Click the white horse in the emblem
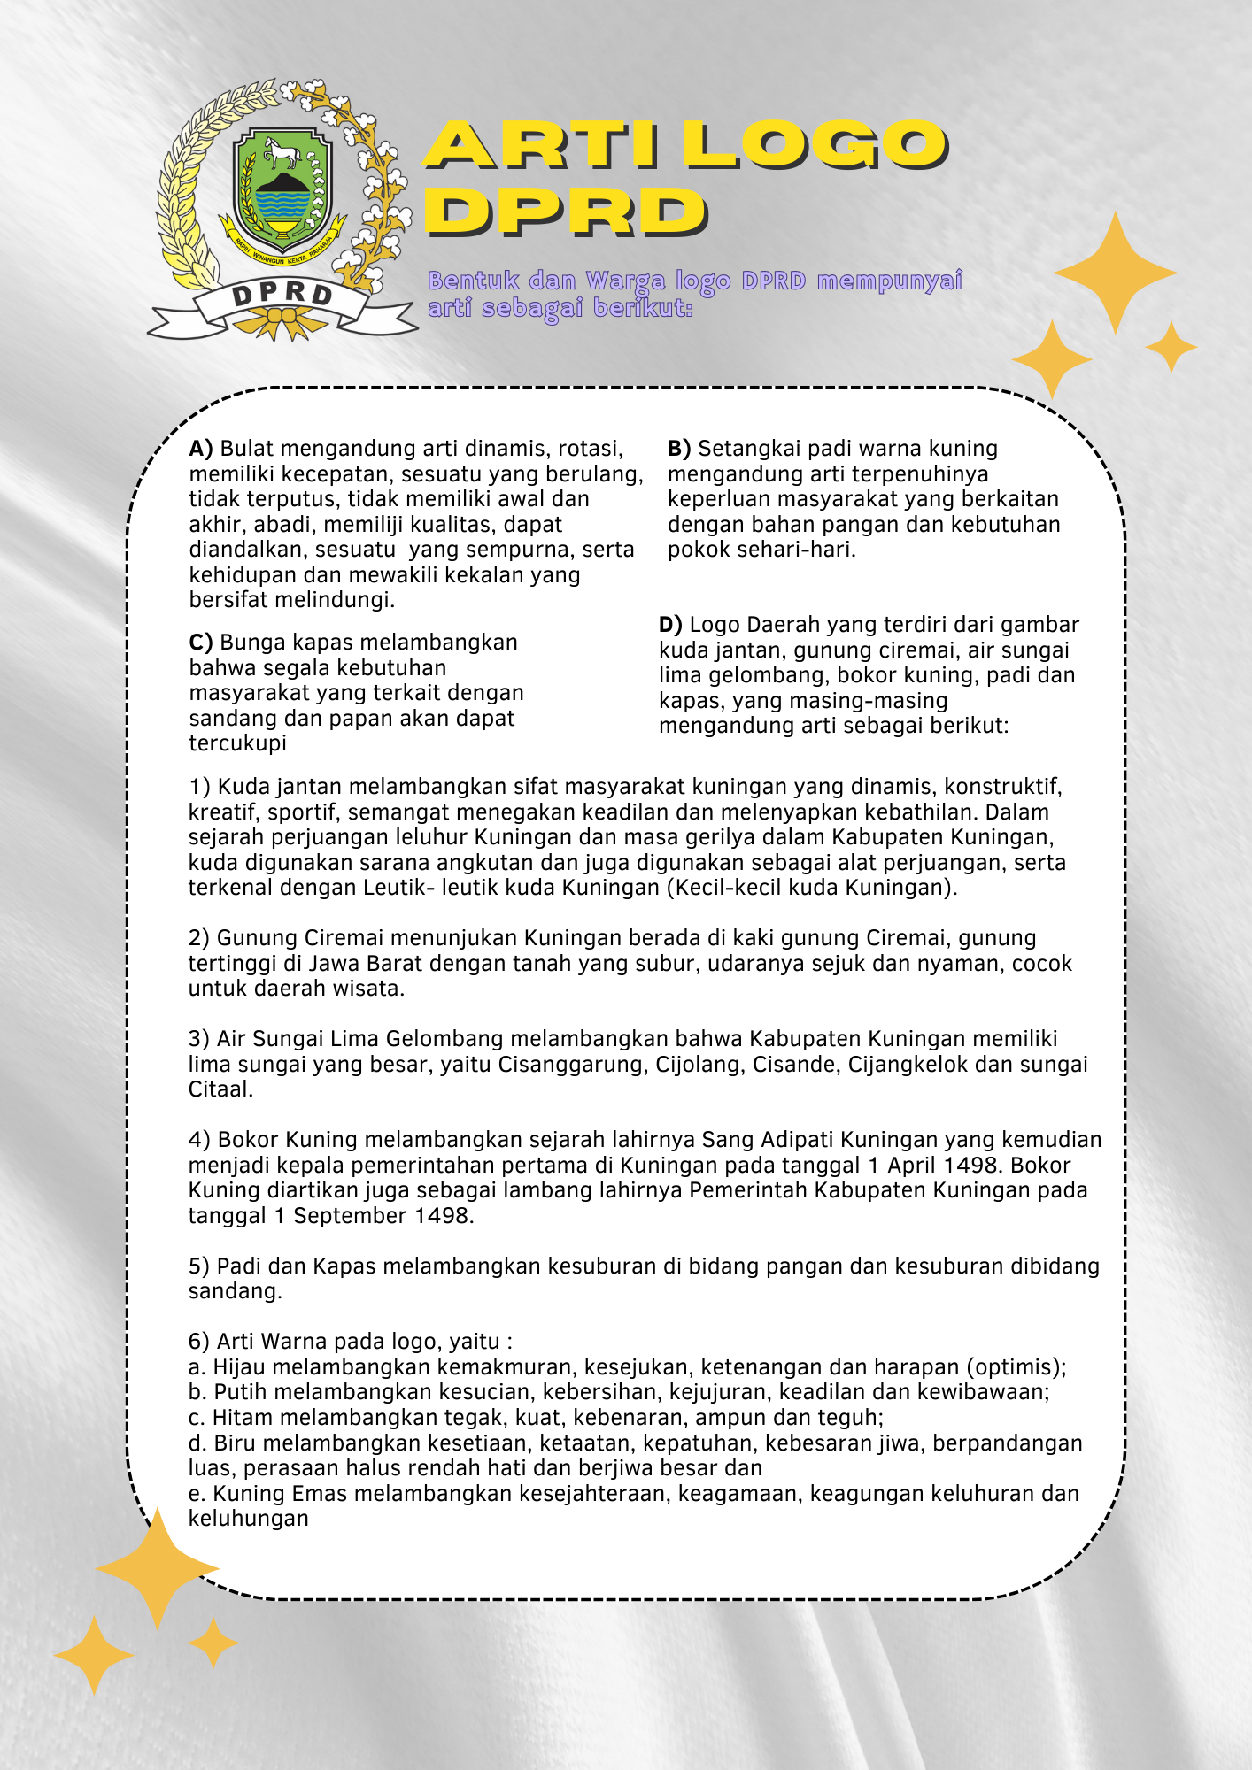click(282, 156)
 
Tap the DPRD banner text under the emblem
click(282, 295)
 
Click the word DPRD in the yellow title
click(567, 212)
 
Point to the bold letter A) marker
click(201, 449)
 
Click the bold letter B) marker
click(679, 449)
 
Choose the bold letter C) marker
click(201, 643)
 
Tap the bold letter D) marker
click(670, 625)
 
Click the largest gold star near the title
click(1116, 273)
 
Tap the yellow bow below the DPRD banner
click(282, 321)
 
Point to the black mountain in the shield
click(282, 183)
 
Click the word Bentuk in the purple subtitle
click(474, 281)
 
